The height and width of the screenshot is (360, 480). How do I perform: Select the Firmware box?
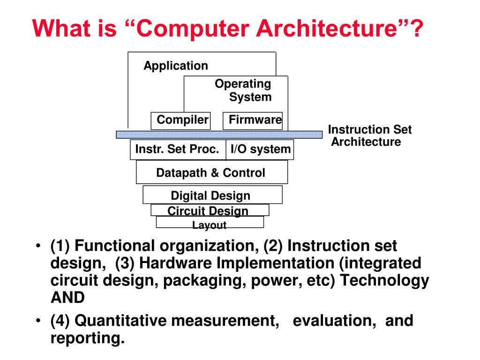[253, 120]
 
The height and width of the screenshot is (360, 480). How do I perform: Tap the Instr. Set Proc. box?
[178, 150]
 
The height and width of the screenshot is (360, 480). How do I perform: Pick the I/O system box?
[260, 150]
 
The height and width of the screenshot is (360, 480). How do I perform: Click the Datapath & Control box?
[211, 172]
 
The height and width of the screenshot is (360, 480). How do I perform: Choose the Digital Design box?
[212, 195]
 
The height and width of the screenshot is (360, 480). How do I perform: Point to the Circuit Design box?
[210, 210]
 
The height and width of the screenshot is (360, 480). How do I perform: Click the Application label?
[176, 66]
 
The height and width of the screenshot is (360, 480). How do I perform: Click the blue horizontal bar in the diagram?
[219, 135]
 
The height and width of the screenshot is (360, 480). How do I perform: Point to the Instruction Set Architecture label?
[368, 136]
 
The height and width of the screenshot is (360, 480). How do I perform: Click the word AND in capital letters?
[67, 297]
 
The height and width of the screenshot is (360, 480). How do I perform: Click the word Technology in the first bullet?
[384, 280]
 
